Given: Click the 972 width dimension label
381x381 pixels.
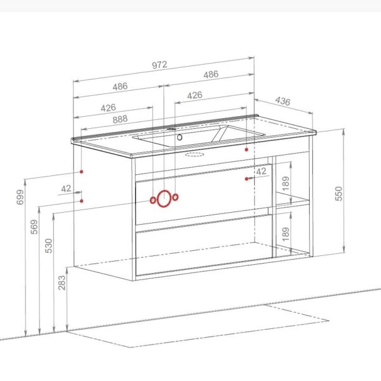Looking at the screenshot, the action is tap(159, 65).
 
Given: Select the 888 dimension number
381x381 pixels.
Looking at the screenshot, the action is tap(120, 119).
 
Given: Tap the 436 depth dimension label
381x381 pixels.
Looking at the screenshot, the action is tap(283, 101).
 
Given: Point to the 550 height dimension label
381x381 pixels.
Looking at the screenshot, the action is tap(338, 194).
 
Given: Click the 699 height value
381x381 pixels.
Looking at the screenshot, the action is tap(20, 197).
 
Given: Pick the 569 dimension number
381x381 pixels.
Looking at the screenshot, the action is tap(34, 227).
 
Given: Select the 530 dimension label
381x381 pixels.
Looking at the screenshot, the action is tap(49, 246).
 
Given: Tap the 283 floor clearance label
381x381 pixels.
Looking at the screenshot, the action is tap(62, 283).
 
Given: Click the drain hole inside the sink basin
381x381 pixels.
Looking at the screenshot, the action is tap(180, 137).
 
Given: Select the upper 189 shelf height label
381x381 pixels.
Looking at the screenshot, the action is tap(286, 184).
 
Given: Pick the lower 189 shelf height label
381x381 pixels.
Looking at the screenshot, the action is tap(286, 234).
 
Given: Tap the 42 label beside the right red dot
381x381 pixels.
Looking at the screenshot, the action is tap(261, 171).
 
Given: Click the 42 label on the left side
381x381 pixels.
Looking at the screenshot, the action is tap(66, 189).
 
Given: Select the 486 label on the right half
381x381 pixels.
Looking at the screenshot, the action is tap(211, 74).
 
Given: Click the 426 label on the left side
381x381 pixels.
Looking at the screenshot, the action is tap(109, 108).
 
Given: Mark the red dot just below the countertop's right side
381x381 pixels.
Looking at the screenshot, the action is tap(246, 149).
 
